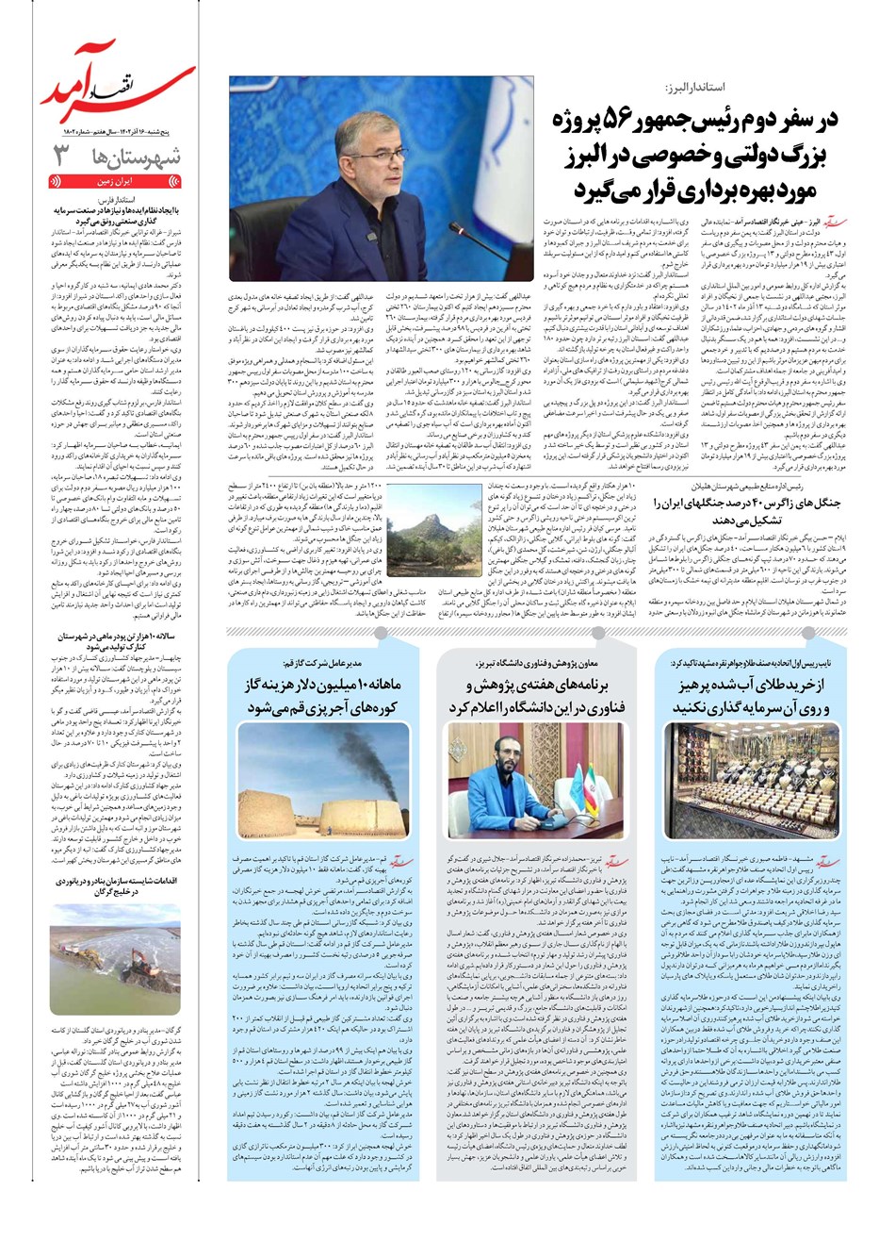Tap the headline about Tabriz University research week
coord(538,696)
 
